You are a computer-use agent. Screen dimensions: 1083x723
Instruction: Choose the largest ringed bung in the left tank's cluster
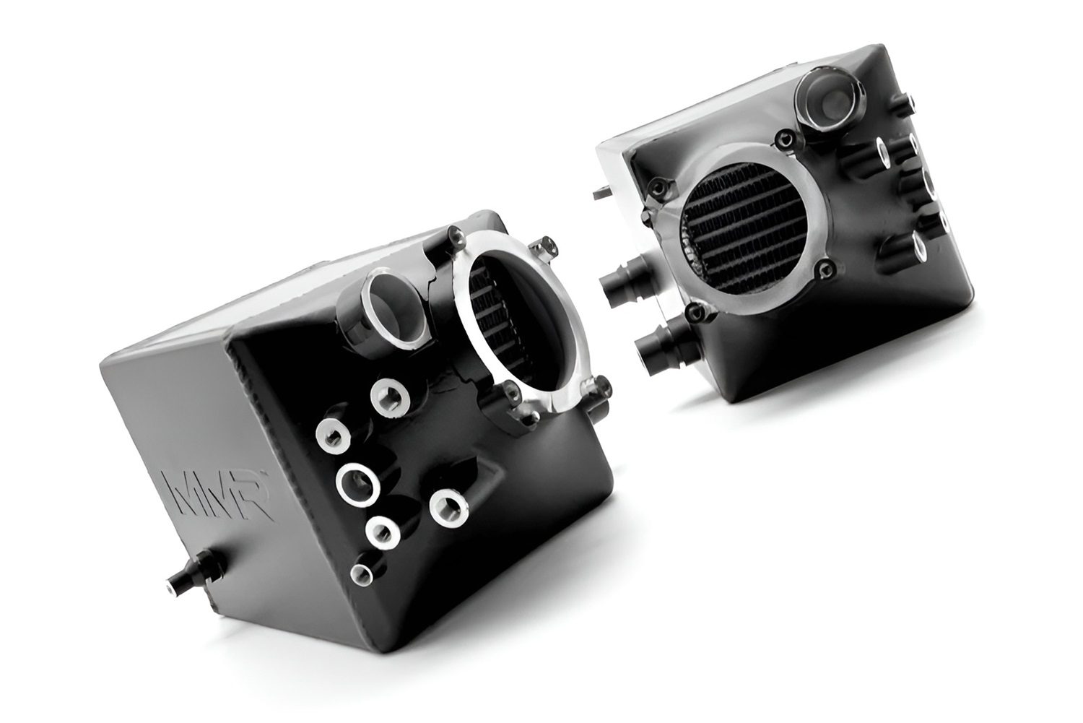[358, 484]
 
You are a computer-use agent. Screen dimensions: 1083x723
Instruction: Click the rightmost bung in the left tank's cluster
[449, 508]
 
